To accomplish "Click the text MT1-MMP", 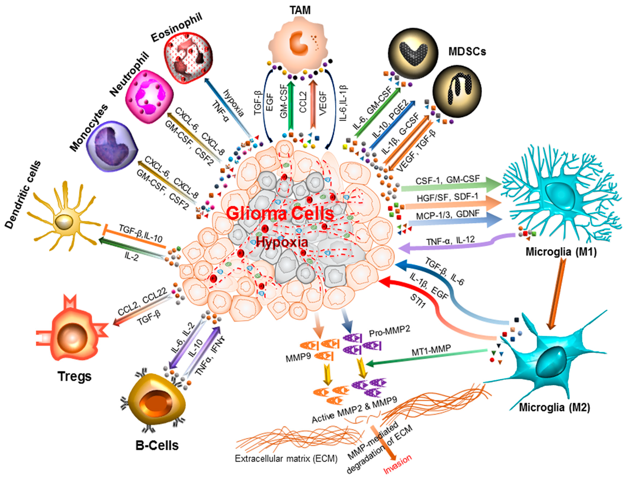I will coord(431,351).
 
